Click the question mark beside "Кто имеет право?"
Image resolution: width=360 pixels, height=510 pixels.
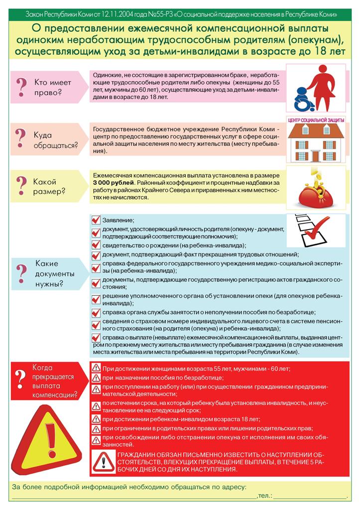tap(21, 86)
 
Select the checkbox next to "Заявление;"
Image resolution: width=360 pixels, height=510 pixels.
tap(96, 220)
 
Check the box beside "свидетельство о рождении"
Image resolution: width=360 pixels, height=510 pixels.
tap(96, 245)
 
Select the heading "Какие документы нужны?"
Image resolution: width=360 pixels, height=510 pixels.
tap(54, 274)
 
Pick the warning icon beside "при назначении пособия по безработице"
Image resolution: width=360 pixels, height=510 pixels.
tap(96, 378)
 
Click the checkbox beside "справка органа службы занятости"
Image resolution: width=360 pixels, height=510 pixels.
tap(96, 312)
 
